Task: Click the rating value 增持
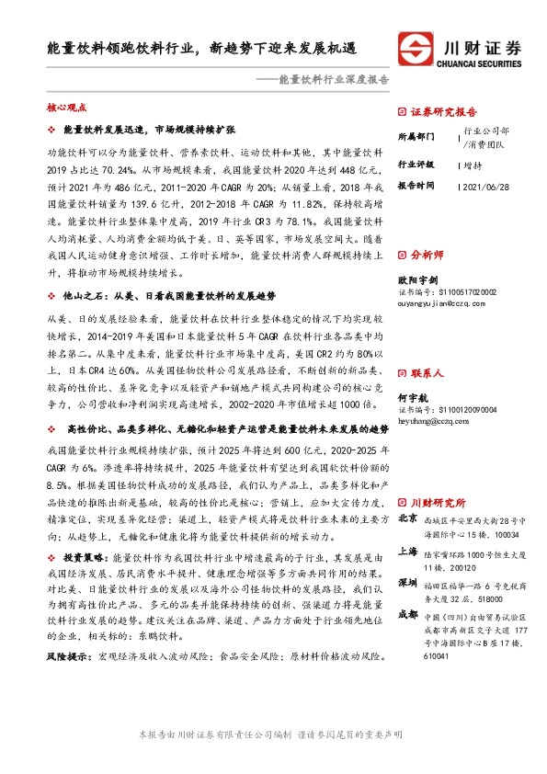pos(473,165)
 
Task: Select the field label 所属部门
pos(416,135)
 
